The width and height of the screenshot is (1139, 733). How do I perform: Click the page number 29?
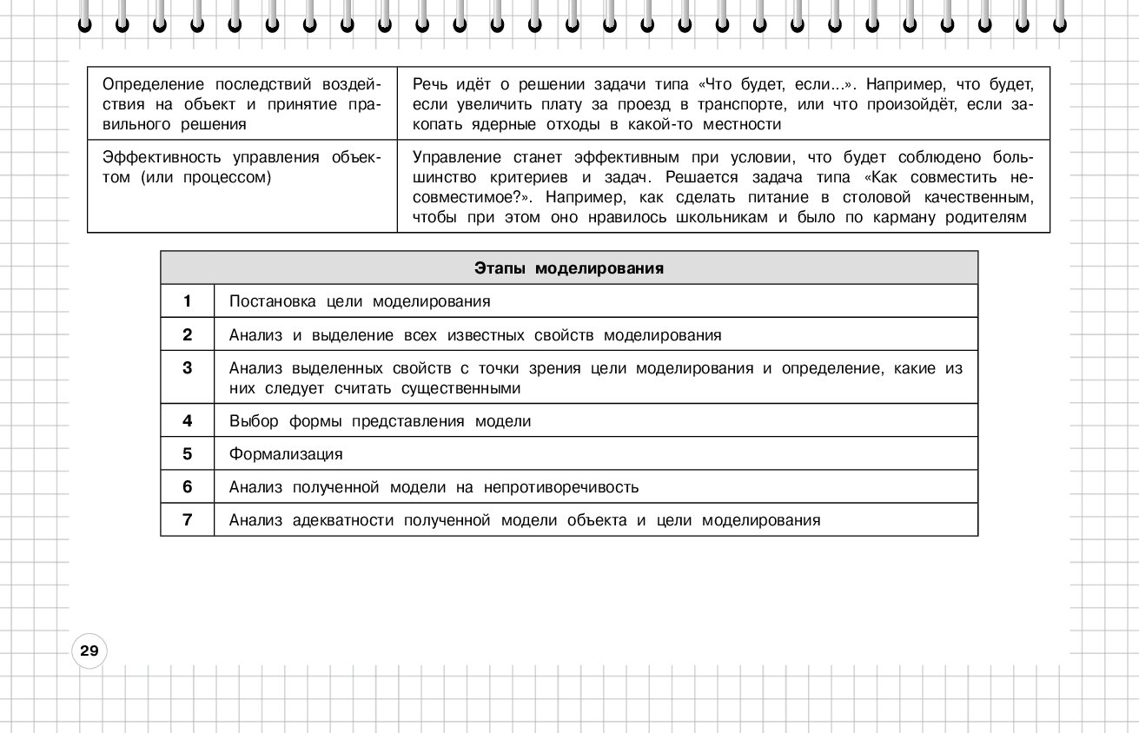(x=89, y=650)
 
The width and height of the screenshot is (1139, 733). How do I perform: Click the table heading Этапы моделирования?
(x=569, y=268)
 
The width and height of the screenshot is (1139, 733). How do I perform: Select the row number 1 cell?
(x=187, y=301)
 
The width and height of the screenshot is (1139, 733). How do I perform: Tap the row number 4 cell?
(x=187, y=421)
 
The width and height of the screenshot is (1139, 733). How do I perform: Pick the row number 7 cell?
(x=187, y=520)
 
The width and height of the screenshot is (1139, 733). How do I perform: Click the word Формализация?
(x=286, y=454)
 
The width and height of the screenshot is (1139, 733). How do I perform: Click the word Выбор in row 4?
(x=251, y=422)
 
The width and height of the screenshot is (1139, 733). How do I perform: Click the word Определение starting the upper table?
(x=152, y=85)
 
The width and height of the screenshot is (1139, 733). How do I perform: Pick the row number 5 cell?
(x=187, y=454)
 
